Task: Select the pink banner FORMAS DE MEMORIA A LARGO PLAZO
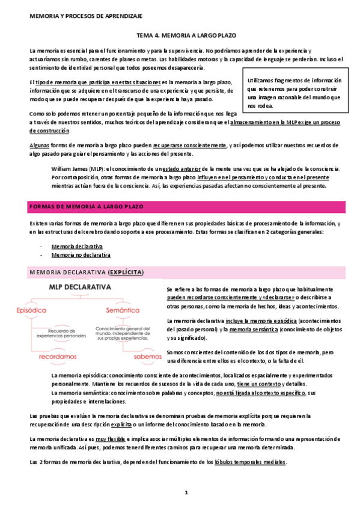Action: pos(87,206)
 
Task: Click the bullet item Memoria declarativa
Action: pos(85,247)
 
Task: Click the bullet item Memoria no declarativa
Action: pos(89,255)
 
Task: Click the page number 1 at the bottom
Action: pos(186,493)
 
